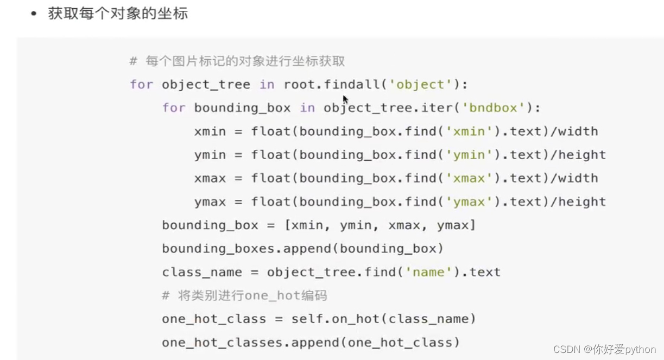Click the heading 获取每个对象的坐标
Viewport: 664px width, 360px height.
pos(118,14)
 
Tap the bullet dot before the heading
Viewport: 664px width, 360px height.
pos(34,14)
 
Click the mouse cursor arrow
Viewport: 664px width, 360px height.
pos(345,99)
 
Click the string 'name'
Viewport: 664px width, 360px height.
pos(429,272)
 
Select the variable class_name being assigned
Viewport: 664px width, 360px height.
pos(202,272)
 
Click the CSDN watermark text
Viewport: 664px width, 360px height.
pos(608,349)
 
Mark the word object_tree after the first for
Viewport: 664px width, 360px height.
pos(206,84)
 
